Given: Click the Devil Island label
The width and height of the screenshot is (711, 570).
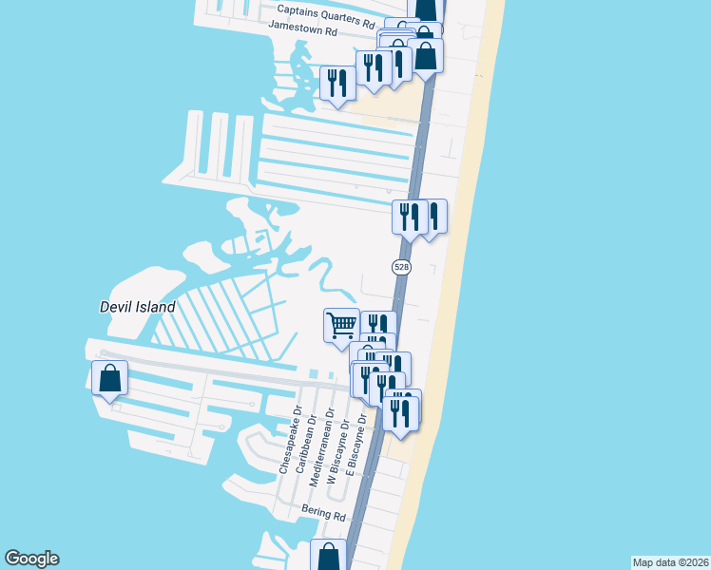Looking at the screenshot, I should [138, 307].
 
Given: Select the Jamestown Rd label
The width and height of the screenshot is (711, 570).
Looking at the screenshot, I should [303, 28].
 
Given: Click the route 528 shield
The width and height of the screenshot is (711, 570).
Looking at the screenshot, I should [401, 268].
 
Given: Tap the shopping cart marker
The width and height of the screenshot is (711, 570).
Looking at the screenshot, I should [341, 326].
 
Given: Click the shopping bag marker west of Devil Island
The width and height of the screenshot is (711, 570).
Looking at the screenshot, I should [110, 378].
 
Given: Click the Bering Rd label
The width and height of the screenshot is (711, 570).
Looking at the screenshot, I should [323, 512].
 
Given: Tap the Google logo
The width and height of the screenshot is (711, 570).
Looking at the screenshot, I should [31, 559].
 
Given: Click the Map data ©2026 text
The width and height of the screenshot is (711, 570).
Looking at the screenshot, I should [670, 562].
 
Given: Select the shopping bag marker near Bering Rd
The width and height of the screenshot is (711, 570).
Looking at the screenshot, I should [329, 557].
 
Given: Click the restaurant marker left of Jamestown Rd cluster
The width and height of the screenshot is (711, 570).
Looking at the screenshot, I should [337, 83].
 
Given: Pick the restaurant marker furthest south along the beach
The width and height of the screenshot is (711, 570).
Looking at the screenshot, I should [400, 414].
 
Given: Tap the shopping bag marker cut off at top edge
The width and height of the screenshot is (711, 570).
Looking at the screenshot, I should [427, 8].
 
